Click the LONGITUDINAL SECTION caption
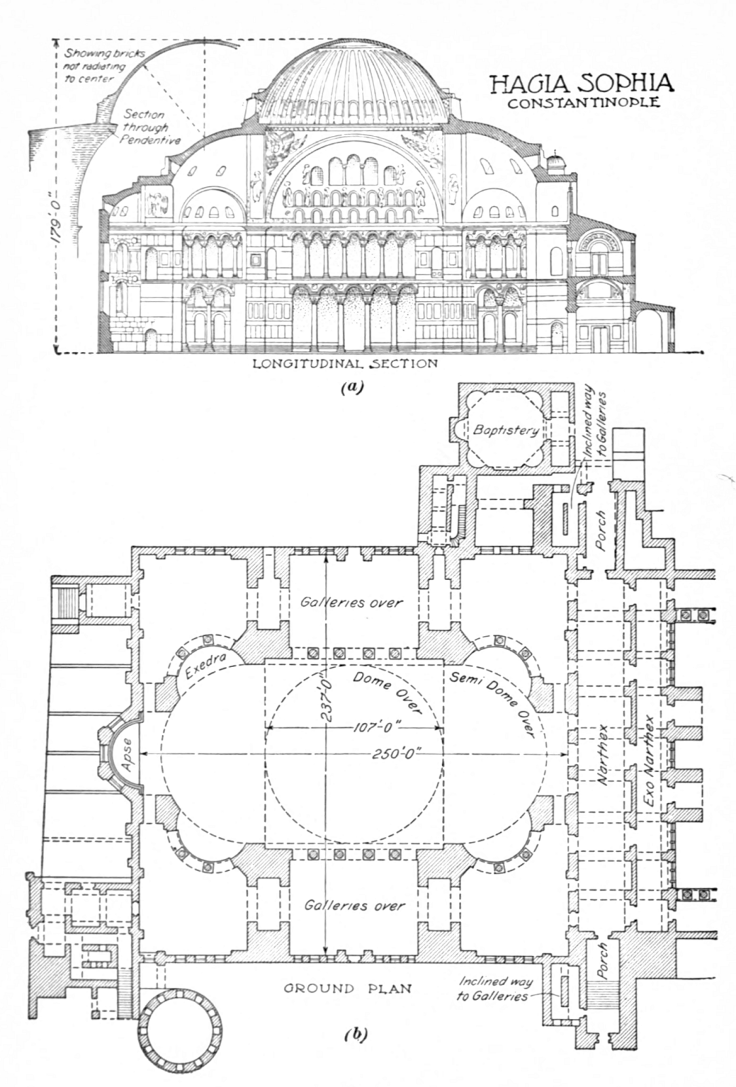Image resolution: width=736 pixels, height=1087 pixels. coord(345,363)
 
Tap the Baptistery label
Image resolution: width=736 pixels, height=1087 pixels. coord(506,429)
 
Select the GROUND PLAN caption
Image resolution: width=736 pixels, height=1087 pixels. coord(346,988)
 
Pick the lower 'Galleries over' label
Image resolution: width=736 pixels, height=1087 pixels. coord(354,905)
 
